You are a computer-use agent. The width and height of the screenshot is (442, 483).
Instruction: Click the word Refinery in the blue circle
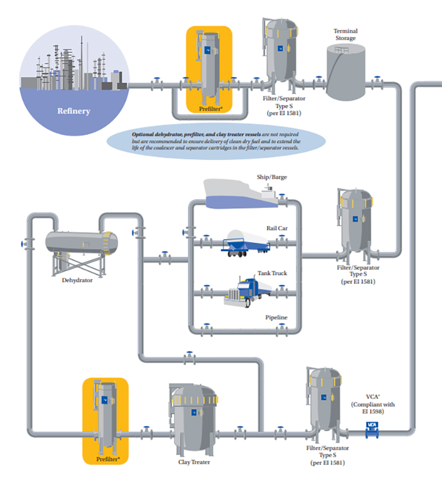click(73, 111)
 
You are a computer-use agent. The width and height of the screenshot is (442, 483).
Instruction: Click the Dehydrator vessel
click(81, 241)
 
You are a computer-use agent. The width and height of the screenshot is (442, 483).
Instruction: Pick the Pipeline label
click(276, 317)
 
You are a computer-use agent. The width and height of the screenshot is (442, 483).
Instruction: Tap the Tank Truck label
click(272, 273)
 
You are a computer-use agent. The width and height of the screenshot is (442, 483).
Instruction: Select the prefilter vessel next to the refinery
click(209, 68)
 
